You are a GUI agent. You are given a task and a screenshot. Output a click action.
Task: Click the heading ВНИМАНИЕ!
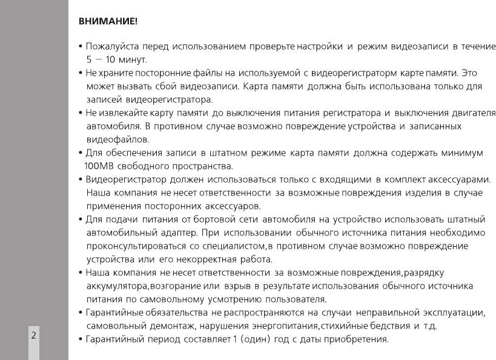[x=108, y=22]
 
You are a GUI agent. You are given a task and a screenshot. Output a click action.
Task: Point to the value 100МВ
[x=99, y=166]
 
